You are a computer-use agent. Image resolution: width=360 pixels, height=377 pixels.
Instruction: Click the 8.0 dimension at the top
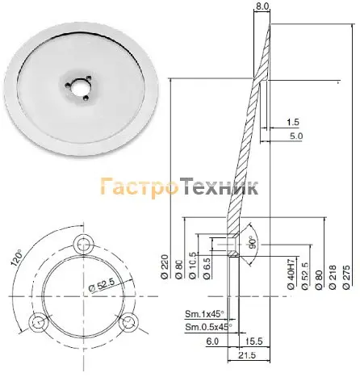262,6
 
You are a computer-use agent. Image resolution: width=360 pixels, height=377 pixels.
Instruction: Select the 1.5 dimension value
293,122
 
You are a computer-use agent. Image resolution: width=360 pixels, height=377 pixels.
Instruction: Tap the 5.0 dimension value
296,136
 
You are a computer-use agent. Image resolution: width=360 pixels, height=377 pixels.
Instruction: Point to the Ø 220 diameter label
165,266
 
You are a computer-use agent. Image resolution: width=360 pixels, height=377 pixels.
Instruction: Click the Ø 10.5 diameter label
193,266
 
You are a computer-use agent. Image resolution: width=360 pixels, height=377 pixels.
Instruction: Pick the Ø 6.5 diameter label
207,268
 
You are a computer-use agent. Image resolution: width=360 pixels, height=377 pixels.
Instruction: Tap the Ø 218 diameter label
333,277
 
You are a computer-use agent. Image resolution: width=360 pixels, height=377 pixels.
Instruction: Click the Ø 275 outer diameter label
346,277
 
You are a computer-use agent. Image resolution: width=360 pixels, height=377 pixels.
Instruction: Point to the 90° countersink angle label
252,242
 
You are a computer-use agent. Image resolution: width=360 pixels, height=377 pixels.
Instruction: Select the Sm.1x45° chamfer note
204,314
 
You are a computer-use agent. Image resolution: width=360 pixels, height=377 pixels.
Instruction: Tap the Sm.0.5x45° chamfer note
208,327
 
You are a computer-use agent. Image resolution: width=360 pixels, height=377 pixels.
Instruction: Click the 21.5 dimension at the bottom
247,355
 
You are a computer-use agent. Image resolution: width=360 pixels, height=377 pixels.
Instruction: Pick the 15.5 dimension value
254,341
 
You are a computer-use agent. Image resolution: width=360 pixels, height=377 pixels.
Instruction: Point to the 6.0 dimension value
212,341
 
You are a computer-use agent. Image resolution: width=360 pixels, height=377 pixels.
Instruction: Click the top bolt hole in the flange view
84,245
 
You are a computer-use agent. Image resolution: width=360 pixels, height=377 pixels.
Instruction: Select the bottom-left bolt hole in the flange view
39,322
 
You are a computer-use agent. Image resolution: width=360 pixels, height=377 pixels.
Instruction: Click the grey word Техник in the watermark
219,186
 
